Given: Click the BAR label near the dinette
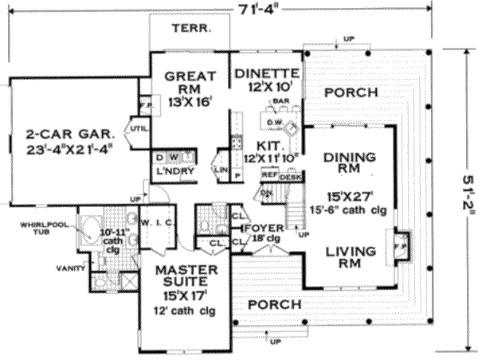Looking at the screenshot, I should tap(280, 102).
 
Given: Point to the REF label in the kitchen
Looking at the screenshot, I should tap(269, 173).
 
